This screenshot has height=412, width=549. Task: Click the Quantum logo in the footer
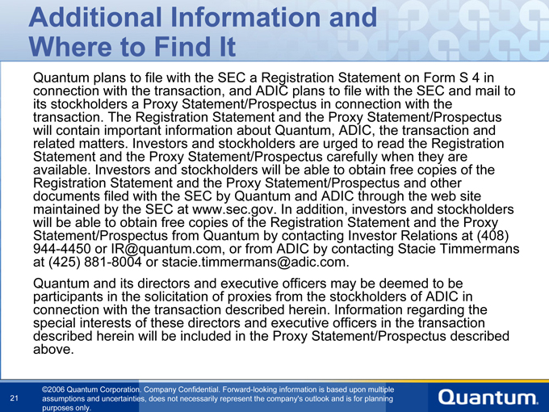488,397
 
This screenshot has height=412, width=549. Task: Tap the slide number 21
14,398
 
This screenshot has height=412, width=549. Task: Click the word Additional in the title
95,17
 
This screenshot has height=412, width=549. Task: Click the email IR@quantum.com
166,249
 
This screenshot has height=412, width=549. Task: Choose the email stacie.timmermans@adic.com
255,262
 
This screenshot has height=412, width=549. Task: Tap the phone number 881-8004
113,262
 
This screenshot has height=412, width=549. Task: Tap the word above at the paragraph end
53,349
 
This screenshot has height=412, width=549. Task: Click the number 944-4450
62,249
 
